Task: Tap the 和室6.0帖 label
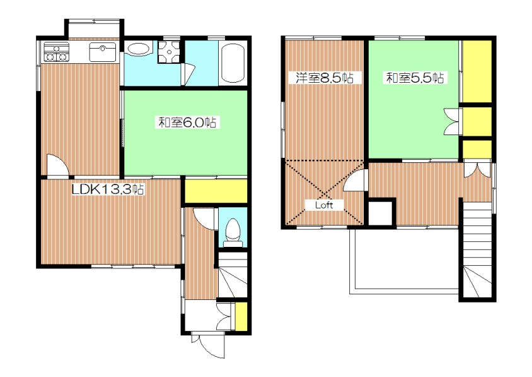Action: (187, 124)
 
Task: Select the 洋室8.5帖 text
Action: (320, 78)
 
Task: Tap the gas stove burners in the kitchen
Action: (55, 53)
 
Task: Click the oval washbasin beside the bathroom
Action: (138, 50)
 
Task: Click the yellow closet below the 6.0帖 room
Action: (216, 191)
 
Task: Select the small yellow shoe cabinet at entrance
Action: (240, 318)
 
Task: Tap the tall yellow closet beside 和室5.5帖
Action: (476, 71)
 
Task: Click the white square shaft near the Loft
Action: (380, 212)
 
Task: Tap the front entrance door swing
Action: (207, 347)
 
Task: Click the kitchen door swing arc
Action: (57, 165)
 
